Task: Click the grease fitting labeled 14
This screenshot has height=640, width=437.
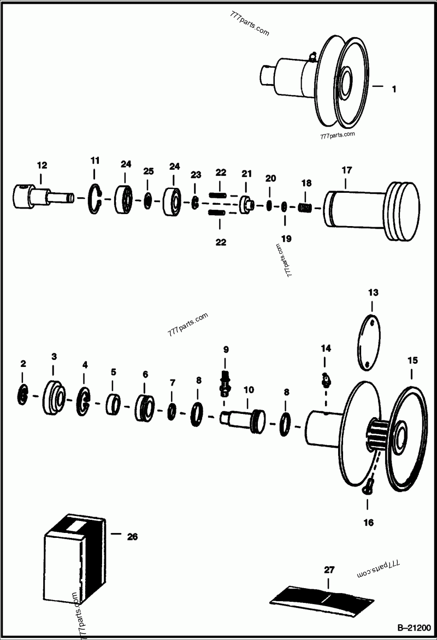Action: pyautogui.click(x=326, y=379)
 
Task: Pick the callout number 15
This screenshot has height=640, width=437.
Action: pyautogui.click(x=412, y=360)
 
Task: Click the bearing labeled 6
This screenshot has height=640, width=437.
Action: pyautogui.click(x=145, y=407)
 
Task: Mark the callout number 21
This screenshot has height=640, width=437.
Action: pyautogui.click(x=246, y=174)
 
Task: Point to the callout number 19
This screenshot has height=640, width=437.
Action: pyautogui.click(x=286, y=239)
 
